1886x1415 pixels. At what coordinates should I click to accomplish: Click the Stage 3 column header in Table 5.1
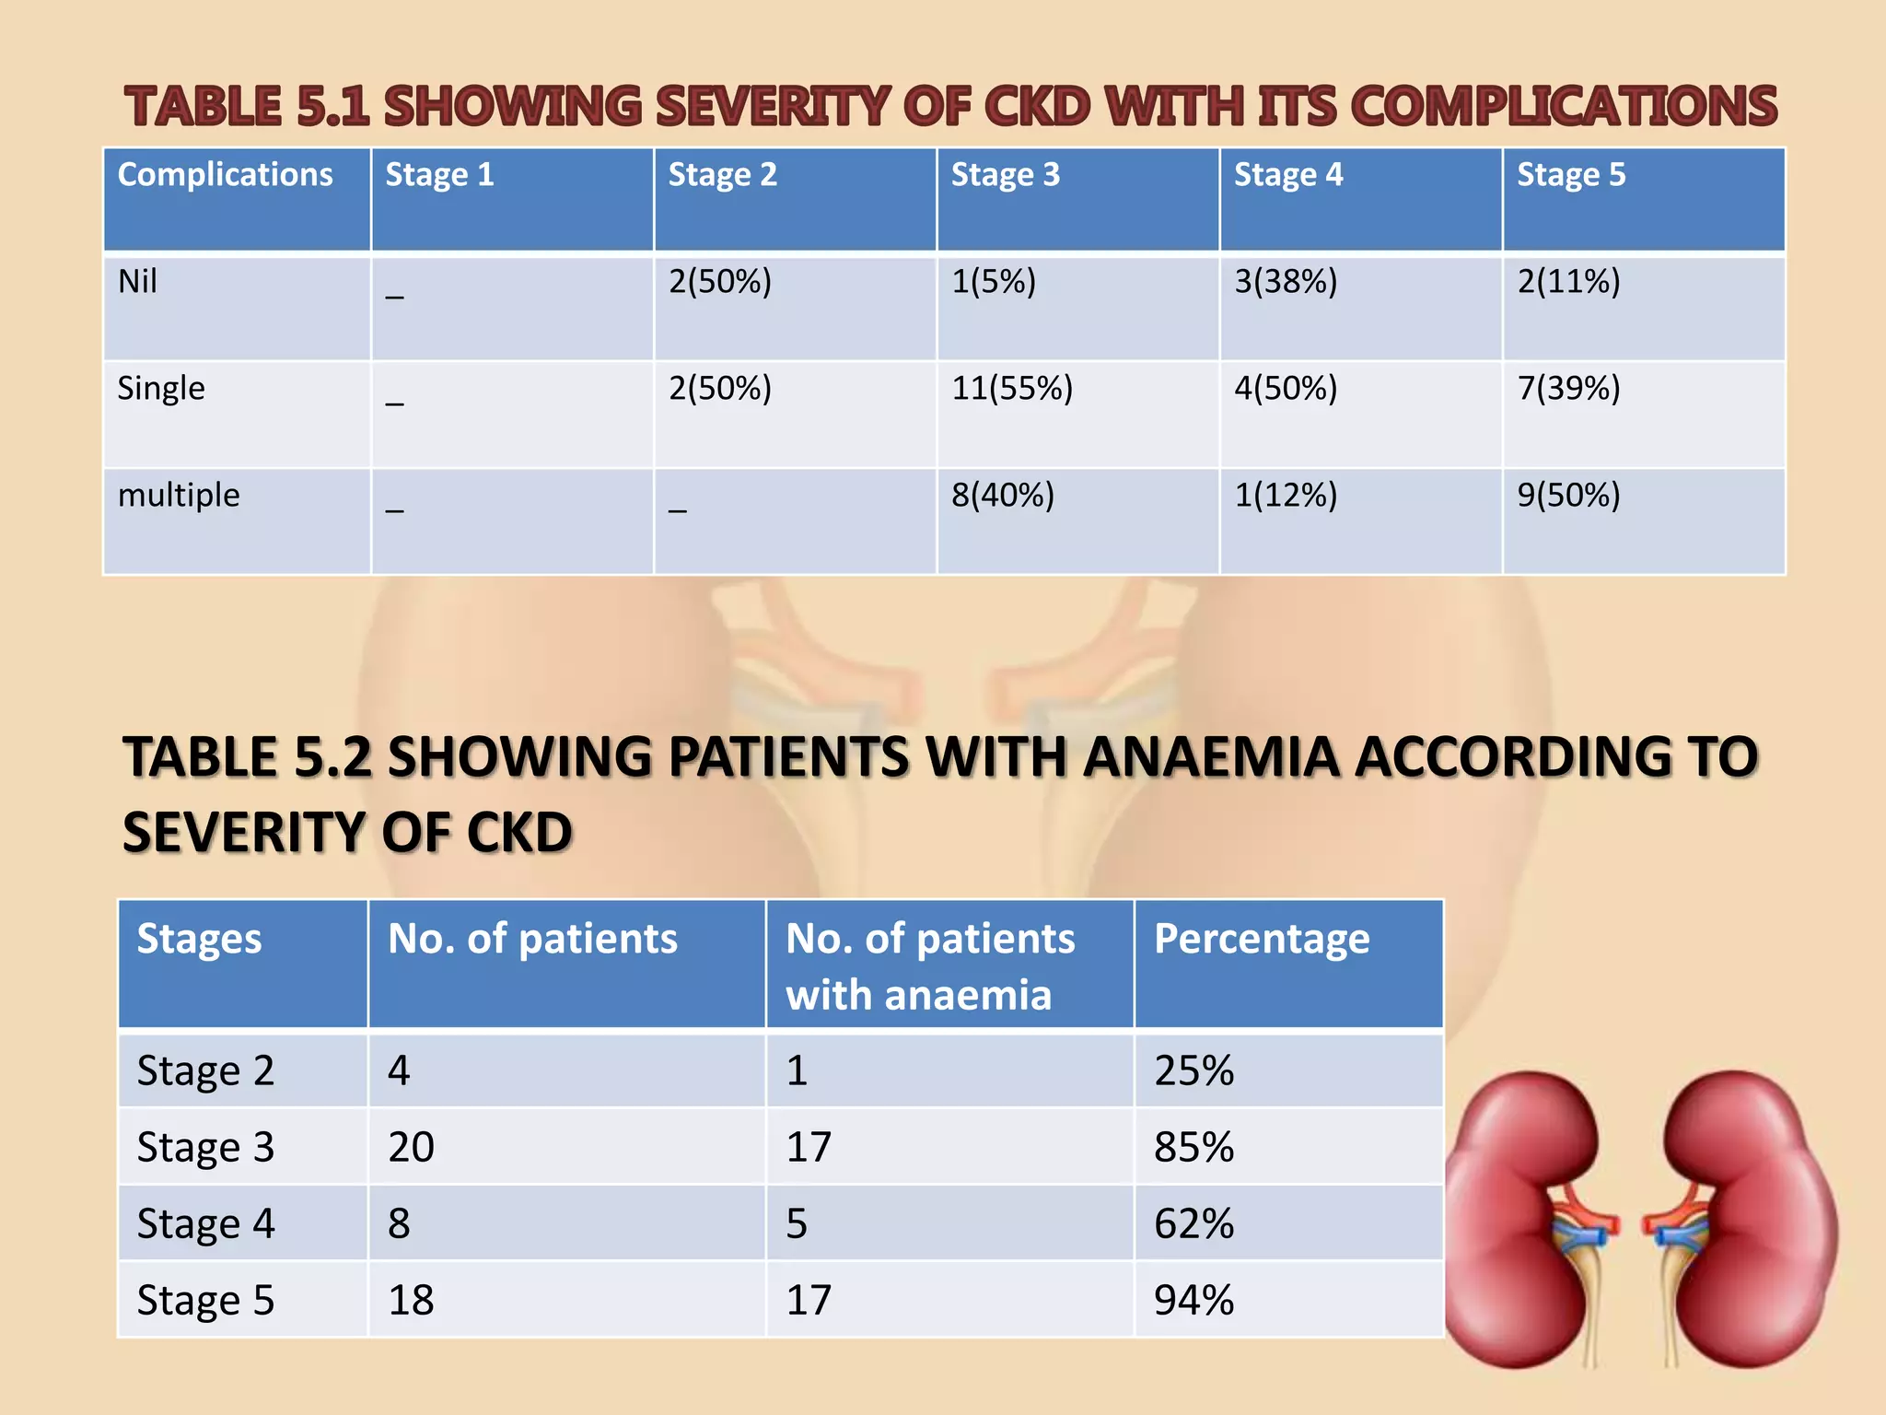click(x=1005, y=175)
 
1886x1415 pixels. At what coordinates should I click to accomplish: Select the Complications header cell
click(x=226, y=175)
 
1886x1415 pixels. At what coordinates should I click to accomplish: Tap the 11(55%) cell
click(x=1012, y=388)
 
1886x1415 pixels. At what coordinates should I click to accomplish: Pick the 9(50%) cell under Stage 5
click(x=1568, y=495)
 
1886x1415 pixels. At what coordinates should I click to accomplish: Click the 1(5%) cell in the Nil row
click(x=993, y=281)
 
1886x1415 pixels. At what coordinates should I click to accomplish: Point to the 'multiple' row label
click(x=179, y=495)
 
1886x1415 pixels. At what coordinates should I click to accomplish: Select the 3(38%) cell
click(x=1286, y=281)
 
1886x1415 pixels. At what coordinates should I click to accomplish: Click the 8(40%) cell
click(x=1002, y=495)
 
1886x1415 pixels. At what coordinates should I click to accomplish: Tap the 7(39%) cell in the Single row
click(x=1568, y=388)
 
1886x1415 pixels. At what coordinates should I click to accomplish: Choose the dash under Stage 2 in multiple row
click(x=678, y=507)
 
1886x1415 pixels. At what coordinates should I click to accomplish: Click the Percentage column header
click(x=1262, y=939)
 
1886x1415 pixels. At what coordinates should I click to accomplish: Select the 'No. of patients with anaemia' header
click(x=930, y=966)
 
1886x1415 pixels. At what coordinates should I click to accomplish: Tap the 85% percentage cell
click(x=1193, y=1147)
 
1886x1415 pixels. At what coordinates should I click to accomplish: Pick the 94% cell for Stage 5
click(x=1193, y=1300)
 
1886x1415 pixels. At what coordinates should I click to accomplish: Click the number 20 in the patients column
click(x=411, y=1147)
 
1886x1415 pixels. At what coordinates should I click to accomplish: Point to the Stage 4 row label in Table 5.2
click(x=205, y=1223)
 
